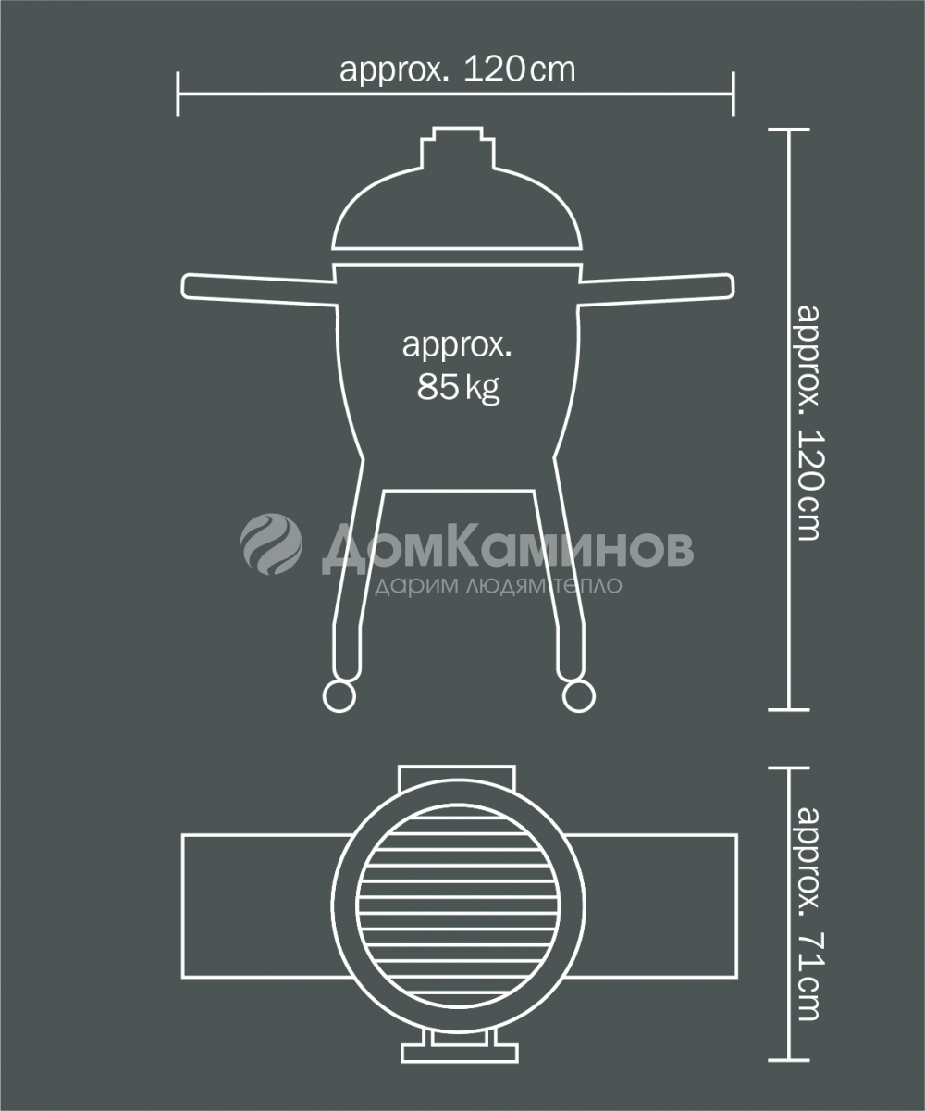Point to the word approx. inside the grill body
click(457, 347)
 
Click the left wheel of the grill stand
click(339, 696)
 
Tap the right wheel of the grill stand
click(578, 696)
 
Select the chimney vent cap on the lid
click(458, 147)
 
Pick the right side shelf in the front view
click(657, 290)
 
